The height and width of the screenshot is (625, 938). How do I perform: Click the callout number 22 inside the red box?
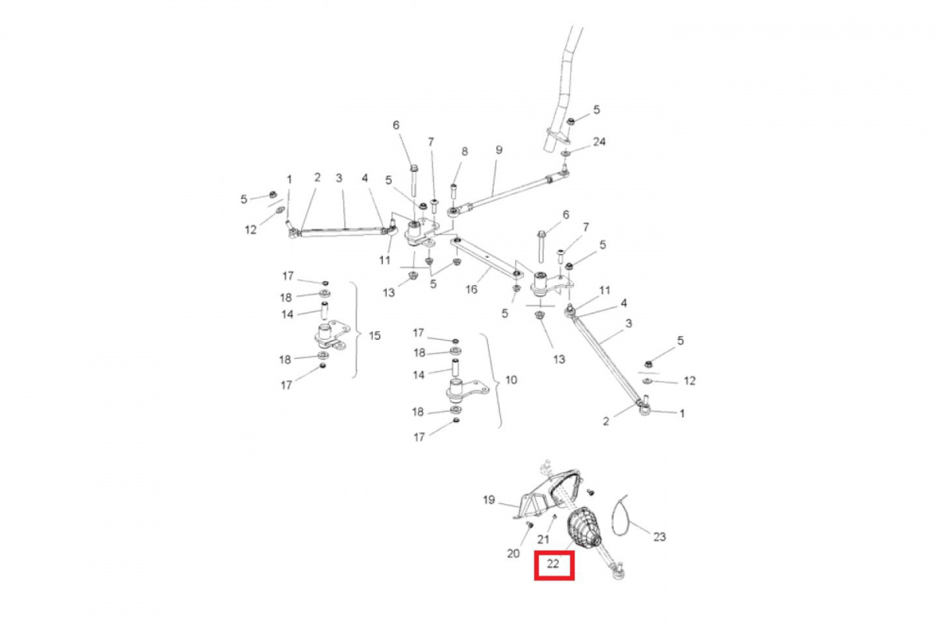pos(553,564)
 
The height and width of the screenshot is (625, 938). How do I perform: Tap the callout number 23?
pos(660,537)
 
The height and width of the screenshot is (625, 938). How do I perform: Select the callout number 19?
pos(489,500)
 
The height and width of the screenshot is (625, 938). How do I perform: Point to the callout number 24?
pos(600,142)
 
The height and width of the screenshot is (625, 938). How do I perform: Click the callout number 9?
pos(499,150)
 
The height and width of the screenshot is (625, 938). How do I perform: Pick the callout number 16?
pos(471,289)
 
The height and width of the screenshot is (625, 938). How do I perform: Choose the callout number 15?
pos(374,335)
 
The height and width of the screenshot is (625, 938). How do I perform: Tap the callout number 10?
pos(511,380)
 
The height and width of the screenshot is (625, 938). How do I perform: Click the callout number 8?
pos(464,152)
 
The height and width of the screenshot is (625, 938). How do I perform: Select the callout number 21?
pos(543,540)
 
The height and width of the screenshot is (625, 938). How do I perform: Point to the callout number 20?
pos(514,553)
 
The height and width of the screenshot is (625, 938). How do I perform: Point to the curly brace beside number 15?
pos(354,330)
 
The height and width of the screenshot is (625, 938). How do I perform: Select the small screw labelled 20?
pos(528,524)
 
